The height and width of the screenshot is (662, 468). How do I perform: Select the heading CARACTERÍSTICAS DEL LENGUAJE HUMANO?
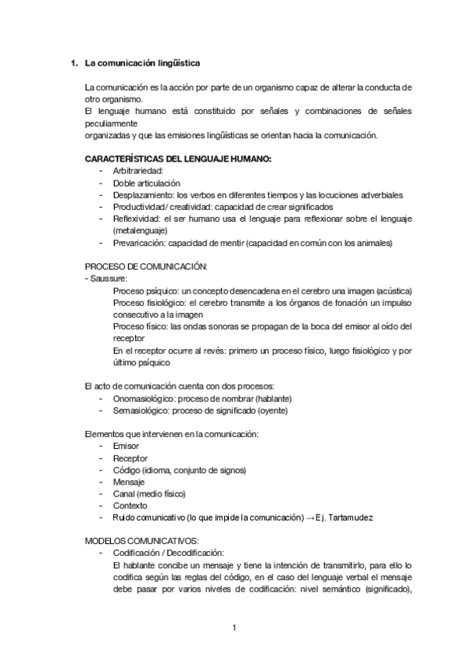[x=177, y=159]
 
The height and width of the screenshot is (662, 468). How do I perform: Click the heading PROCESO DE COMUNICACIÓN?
[x=145, y=266]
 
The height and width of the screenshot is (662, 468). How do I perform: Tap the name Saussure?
[x=109, y=278]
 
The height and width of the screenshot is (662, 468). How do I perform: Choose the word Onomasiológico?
[x=144, y=397]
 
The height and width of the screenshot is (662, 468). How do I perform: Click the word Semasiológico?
[x=141, y=410]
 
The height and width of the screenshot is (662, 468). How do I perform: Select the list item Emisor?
[x=126, y=446]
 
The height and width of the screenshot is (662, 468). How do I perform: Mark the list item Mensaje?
[x=129, y=482]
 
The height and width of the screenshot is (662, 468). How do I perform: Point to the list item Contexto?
[x=130, y=506]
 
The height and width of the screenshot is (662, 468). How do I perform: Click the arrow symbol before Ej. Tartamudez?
[x=309, y=518]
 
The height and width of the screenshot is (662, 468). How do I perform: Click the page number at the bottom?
[x=234, y=627]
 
